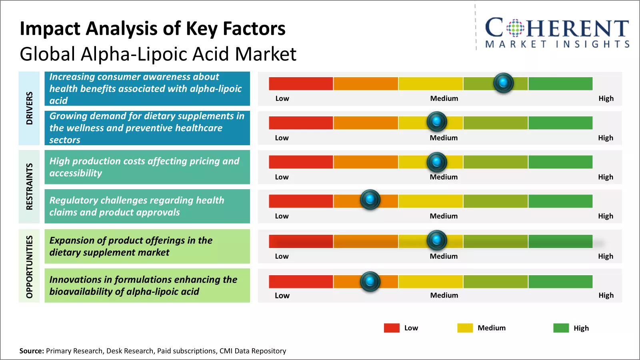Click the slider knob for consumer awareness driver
pyautogui.click(x=503, y=83)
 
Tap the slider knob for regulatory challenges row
pyautogui.click(x=370, y=199)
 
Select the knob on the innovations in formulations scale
pyautogui.click(x=370, y=281)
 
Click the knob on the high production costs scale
pyautogui.click(x=437, y=162)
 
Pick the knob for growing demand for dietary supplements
pyautogui.click(x=437, y=121)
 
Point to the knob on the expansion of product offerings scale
pyautogui.click(x=437, y=240)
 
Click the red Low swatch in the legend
pyautogui.click(x=392, y=328)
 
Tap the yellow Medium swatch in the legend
pyautogui.click(x=465, y=328)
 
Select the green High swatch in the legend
pyautogui.click(x=561, y=328)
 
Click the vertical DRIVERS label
pyautogui.click(x=29, y=108)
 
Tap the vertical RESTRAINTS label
pyautogui.click(x=29, y=186)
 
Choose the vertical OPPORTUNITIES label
pyautogui.click(x=29, y=266)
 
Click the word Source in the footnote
pyautogui.click(x=31, y=351)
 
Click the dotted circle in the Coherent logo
pyautogui.click(x=515, y=28)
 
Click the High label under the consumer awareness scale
pyautogui.click(x=606, y=98)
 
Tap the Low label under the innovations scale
pyautogui.click(x=282, y=296)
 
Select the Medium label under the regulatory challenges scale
pyautogui.click(x=444, y=216)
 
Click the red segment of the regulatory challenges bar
pyautogui.click(x=301, y=201)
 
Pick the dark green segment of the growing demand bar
pyautogui.click(x=560, y=123)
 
